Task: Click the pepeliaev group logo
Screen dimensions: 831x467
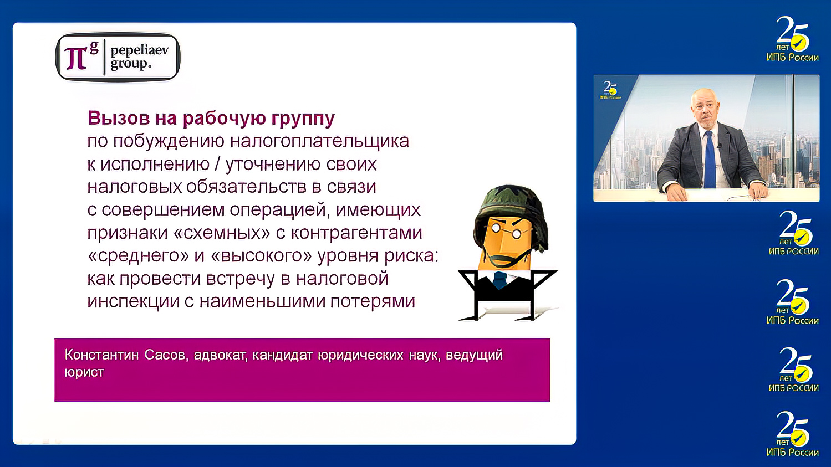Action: coord(118,58)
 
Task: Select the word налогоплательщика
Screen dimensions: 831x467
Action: coord(320,141)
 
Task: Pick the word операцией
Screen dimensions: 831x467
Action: coord(280,211)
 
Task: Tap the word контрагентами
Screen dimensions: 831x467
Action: coord(356,233)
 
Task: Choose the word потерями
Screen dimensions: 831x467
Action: coord(373,302)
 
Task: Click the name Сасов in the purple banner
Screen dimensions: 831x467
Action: coord(164,355)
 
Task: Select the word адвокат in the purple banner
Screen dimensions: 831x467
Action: coord(220,355)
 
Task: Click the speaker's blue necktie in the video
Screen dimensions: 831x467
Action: coord(710,160)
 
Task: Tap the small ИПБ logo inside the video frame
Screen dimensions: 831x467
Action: coord(610,90)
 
